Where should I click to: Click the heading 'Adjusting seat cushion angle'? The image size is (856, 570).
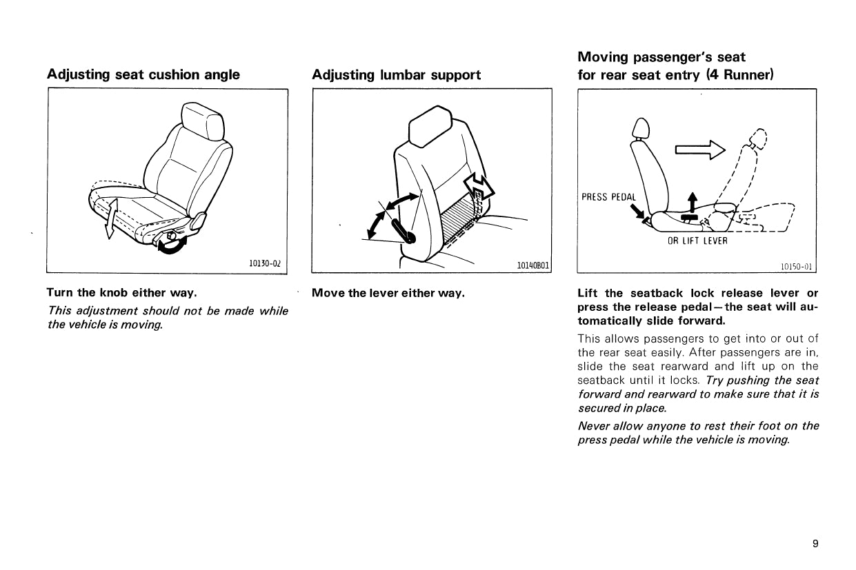143,74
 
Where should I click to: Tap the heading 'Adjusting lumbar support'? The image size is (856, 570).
396,74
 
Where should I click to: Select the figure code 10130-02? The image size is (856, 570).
266,263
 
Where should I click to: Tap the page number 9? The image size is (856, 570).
815,544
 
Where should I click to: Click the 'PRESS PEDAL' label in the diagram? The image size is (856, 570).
608,197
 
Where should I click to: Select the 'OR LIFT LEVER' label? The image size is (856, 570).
697,241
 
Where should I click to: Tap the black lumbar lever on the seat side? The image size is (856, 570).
404,232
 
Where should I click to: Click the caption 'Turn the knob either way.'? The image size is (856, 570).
121,292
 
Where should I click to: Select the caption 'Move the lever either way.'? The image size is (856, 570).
388,293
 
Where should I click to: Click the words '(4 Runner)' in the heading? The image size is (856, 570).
739,74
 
